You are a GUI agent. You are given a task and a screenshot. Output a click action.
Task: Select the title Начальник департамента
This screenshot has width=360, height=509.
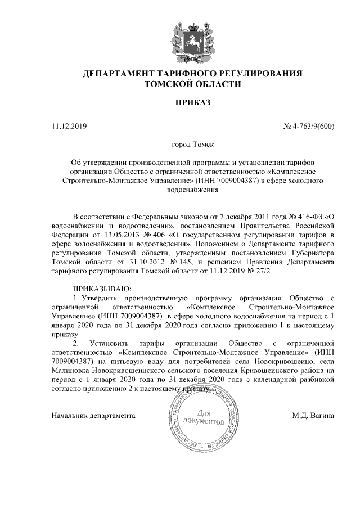[x=93, y=416]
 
